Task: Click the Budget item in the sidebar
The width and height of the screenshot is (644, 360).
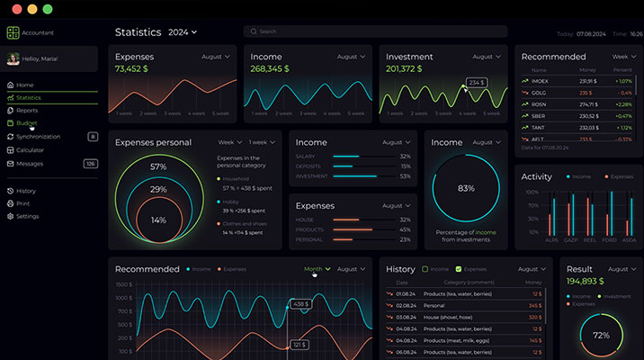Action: [x=27, y=122]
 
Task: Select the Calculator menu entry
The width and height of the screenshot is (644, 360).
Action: [x=30, y=149]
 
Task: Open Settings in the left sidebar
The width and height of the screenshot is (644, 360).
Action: [x=27, y=216]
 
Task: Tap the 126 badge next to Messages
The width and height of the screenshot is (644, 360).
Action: [x=91, y=163]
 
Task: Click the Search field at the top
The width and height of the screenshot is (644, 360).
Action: [x=374, y=31]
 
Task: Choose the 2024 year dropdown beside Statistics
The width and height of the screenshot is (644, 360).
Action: [x=183, y=32]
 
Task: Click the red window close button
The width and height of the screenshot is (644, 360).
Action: [x=14, y=9]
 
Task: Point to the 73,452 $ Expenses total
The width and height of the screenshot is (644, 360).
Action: [x=131, y=68]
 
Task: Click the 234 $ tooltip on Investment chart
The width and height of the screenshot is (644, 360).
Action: [x=476, y=82]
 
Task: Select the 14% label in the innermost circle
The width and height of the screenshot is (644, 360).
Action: [x=158, y=220]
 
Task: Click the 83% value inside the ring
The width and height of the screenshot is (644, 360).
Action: [x=466, y=188]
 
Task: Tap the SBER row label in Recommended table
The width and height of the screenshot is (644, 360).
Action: [x=539, y=115]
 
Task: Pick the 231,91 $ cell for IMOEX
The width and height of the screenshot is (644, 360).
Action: [x=588, y=80]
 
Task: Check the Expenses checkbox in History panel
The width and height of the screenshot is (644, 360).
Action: [x=459, y=269]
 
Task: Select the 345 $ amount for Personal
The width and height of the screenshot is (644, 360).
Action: [x=534, y=305]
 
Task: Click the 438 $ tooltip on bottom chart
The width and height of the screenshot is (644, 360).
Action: [x=300, y=304]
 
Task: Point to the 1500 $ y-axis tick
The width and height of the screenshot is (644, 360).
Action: [x=124, y=285]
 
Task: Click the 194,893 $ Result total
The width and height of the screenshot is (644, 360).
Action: [x=585, y=282]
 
